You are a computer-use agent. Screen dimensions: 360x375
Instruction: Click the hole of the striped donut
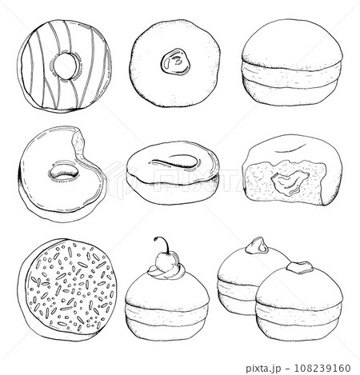coord(65,66)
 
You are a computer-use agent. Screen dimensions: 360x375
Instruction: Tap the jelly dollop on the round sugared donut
coord(175,62)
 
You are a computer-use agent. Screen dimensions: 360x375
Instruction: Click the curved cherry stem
coord(163,243)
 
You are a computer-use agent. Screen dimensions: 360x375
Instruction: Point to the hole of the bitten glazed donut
coord(64,174)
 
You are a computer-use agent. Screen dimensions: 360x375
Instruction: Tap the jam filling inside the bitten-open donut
coord(290,182)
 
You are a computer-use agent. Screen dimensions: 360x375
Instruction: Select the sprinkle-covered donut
coord(67,289)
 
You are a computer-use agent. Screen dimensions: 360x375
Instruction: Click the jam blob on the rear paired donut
coord(257,246)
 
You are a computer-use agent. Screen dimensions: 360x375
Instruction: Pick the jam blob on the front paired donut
coord(300,267)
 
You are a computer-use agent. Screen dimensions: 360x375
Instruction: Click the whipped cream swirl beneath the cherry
coord(167,271)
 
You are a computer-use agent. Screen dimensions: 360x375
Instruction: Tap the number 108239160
coord(322,369)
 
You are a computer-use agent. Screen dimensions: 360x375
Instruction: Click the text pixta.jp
coord(263,369)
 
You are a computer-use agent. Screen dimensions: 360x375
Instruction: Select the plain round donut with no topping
coord(292,62)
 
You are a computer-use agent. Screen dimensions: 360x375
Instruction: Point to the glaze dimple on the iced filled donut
coord(176,162)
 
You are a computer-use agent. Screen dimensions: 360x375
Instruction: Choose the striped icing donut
coord(64,66)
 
